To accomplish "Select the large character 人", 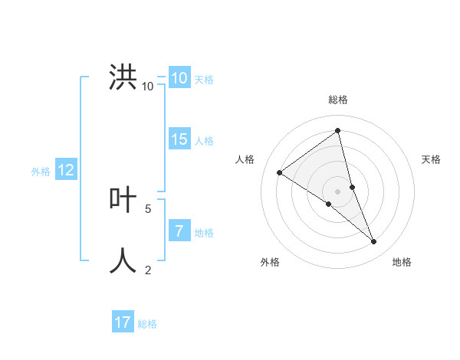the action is (123, 260).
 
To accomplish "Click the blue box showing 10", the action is (179, 78).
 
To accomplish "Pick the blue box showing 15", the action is (179, 139).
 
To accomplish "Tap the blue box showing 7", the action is (179, 231).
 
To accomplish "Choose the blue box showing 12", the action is (66, 170).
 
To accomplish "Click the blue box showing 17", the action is (123, 322).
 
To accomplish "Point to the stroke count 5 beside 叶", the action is (148, 208).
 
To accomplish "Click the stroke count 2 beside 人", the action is (148, 270).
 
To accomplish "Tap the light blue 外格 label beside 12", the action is (41, 172).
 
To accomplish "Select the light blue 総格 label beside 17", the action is (147, 324).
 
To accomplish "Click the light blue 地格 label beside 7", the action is (204, 233).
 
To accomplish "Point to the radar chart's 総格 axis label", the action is (338, 100).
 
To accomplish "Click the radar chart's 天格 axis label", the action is (432, 159).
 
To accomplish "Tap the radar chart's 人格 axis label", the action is (245, 159).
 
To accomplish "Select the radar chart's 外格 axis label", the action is (270, 262).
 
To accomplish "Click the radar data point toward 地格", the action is (374, 242).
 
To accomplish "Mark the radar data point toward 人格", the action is (279, 172).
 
